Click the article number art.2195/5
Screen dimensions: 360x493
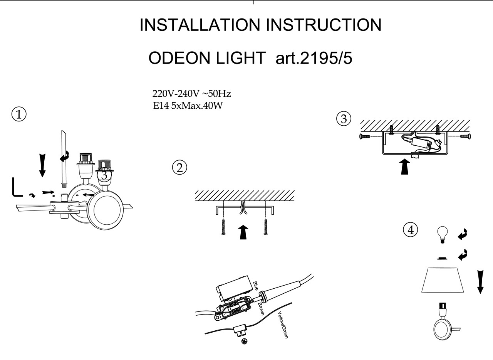point(314,58)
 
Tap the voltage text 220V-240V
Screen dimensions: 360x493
point(176,94)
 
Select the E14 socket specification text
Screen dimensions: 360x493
point(161,106)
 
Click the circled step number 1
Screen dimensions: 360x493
point(19,114)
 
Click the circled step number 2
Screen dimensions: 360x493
point(179,167)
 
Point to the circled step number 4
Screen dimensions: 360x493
point(410,230)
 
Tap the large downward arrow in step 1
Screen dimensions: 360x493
point(43,165)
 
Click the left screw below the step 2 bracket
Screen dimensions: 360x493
point(223,227)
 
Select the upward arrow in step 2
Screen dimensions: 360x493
point(243,232)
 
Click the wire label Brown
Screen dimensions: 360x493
point(261,309)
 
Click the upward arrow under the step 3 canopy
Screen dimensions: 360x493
point(404,167)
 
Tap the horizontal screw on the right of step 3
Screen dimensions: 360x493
point(465,136)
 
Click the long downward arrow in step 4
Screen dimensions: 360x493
point(480,281)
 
